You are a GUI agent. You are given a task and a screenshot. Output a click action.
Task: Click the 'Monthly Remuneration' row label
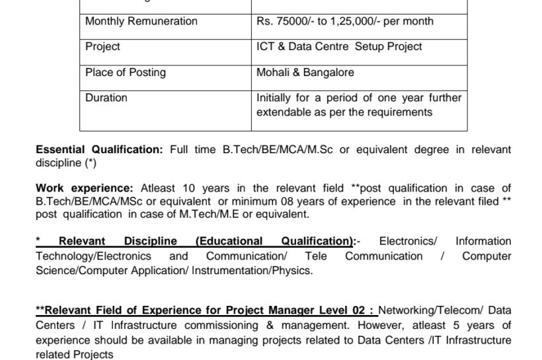pos(141,21)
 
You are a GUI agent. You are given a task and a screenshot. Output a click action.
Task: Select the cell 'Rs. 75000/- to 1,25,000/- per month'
pos(345,21)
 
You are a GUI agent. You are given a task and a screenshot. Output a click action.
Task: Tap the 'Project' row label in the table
pos(102,47)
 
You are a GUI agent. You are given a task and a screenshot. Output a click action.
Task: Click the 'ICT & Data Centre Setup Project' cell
pos(339,47)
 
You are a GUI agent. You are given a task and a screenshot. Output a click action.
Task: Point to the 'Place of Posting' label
pos(126,72)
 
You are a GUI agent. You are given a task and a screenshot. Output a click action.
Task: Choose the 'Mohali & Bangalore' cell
pos(305,72)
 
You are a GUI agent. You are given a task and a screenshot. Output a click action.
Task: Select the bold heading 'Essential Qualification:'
pos(99,150)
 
